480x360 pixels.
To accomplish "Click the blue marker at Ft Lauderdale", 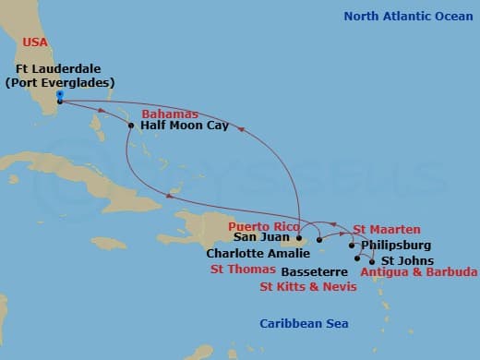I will [59, 94].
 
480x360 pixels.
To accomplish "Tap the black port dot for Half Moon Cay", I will [131, 125].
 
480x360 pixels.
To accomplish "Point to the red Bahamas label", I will [170, 114].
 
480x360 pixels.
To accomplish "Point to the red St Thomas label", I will [243, 270].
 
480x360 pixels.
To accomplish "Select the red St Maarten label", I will [387, 229].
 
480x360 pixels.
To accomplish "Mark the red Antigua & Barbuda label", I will [419, 272].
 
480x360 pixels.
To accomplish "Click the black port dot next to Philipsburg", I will [352, 246].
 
